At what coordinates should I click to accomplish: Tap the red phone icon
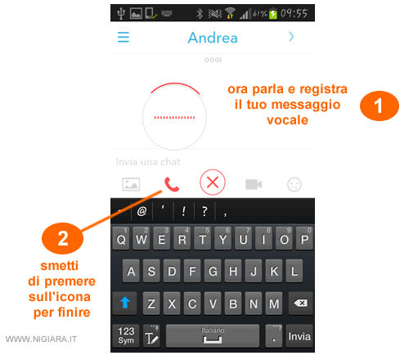click(x=172, y=184)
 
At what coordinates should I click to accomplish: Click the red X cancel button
click(x=213, y=182)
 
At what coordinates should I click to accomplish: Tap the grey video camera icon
click(x=254, y=184)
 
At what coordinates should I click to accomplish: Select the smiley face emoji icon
click(x=294, y=185)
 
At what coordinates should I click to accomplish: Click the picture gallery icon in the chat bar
click(x=131, y=184)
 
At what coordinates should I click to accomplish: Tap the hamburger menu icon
click(x=124, y=37)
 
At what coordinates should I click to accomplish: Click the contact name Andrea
click(x=213, y=38)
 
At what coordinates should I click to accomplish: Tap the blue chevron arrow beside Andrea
click(x=291, y=37)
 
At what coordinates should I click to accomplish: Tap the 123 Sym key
click(x=126, y=335)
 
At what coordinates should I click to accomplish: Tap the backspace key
click(x=300, y=303)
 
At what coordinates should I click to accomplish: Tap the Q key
click(x=121, y=238)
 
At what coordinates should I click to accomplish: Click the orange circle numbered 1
click(x=380, y=106)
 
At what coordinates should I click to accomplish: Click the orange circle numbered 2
click(x=62, y=238)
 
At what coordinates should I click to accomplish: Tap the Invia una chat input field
click(x=148, y=162)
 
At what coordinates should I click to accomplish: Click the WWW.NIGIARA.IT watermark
click(x=41, y=339)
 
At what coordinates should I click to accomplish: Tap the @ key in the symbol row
click(x=142, y=211)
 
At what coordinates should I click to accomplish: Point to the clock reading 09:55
click(x=294, y=13)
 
